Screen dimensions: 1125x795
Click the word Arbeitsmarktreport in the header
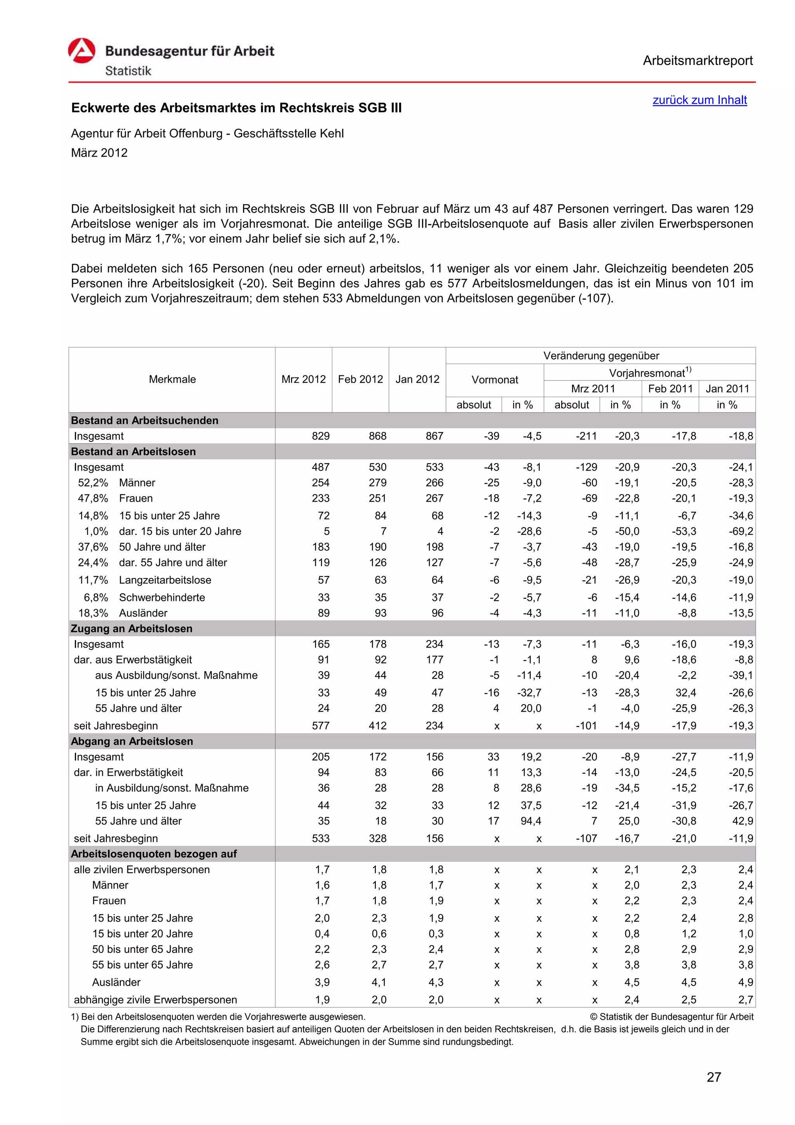coord(698,61)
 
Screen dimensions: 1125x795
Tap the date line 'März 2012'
coord(99,153)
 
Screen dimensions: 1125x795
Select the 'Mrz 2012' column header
coord(303,379)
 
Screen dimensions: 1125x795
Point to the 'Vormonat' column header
coord(494,380)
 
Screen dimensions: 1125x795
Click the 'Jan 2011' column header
coord(727,389)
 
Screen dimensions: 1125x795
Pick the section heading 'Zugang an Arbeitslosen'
coord(132,628)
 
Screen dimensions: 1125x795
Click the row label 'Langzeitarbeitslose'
coord(165,580)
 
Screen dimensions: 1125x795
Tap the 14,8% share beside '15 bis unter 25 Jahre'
coord(93,516)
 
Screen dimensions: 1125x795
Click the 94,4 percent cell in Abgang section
coord(531,821)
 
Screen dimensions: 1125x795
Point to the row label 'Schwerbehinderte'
coord(161,597)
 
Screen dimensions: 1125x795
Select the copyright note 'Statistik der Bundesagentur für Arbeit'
coord(672,1017)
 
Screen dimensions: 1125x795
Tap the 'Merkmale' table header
coord(172,379)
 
